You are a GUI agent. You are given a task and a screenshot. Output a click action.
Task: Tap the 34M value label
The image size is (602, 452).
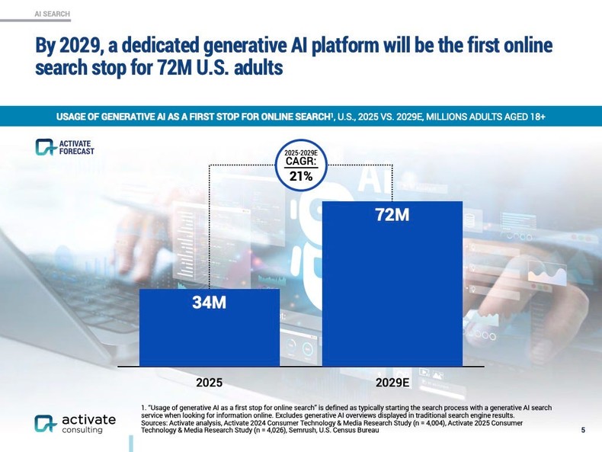tap(209, 303)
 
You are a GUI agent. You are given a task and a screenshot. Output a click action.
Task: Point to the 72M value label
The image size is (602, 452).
tap(392, 216)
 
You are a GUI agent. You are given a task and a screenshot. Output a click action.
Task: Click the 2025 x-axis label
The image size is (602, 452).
tap(209, 380)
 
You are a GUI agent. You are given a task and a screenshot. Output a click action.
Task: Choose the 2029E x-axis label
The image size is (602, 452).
tap(392, 380)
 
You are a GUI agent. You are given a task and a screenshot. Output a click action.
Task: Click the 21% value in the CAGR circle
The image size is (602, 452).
tap(300, 177)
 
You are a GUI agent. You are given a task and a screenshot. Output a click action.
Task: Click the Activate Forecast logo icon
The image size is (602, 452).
tap(46, 146)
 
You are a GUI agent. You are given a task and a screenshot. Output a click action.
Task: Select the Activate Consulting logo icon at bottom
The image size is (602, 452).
tap(45, 423)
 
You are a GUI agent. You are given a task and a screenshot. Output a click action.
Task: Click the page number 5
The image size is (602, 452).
tap(583, 431)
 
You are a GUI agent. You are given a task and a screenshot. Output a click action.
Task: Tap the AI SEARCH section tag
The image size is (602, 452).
tap(53, 14)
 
